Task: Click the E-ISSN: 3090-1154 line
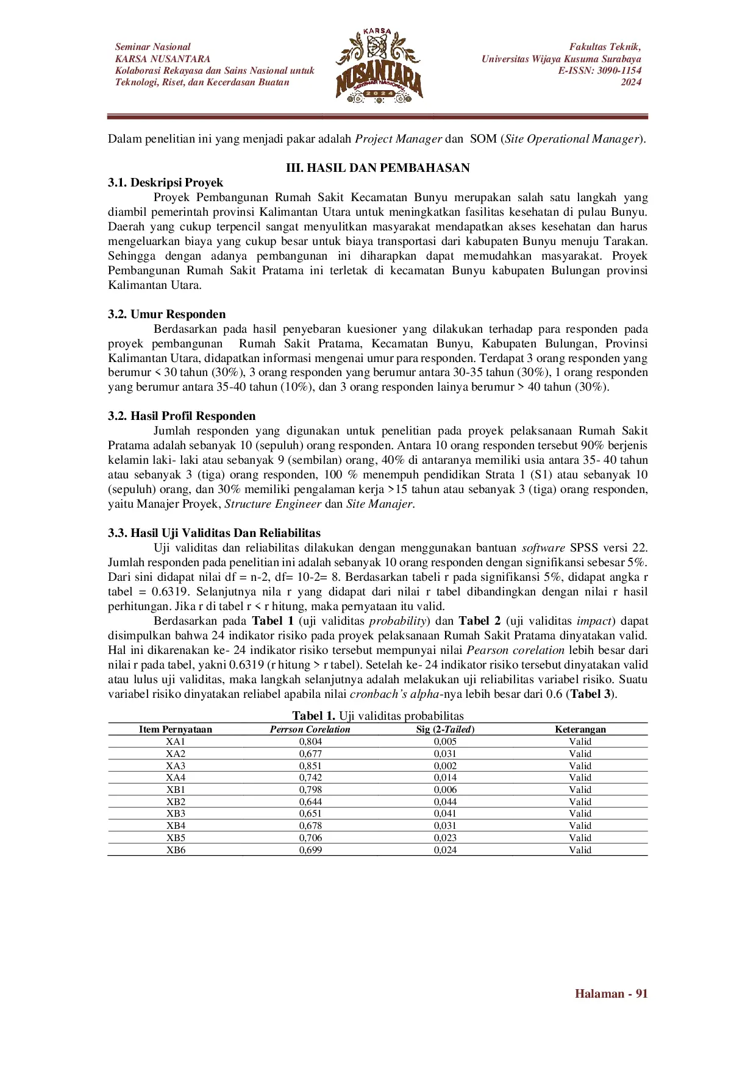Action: tap(599, 71)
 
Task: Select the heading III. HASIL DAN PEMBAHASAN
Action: tap(378, 168)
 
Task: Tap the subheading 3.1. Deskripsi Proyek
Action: tap(166, 183)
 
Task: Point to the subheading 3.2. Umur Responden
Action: tap(167, 314)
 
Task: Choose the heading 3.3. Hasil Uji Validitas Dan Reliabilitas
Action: tap(215, 533)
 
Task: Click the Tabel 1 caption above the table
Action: tap(378, 716)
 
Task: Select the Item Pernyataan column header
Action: tap(176, 730)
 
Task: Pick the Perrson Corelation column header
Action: tap(310, 730)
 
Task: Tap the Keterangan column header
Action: tap(580, 730)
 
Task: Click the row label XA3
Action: tap(176, 766)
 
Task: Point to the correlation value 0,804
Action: tap(310, 742)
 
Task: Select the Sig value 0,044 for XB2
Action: tap(445, 802)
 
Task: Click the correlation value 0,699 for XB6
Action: tap(310, 850)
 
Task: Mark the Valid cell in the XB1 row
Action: tap(580, 790)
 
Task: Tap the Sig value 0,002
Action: tap(445, 766)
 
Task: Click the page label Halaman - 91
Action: tap(611, 994)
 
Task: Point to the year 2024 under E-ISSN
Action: tap(631, 82)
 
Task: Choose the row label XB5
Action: tap(176, 838)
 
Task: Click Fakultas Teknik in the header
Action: tap(605, 47)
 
